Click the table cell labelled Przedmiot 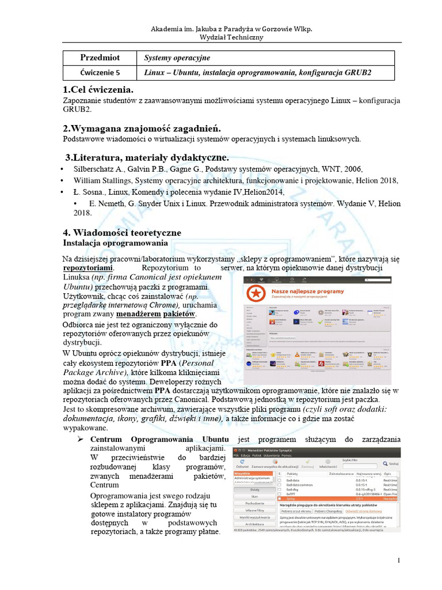pos(100,58)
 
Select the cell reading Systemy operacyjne pos(177,58)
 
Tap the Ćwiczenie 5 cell pos(100,73)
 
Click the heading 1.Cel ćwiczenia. pos(98,89)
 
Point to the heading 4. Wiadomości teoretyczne pos(121,232)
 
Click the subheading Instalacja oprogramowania pos(115,243)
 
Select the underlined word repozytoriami pos(88,268)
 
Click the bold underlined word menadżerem pos(138,314)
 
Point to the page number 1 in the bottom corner pos(398,561)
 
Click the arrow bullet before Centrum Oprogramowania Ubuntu pos(81,440)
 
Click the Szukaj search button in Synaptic pos(392,463)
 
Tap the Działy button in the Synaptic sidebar pos(250,490)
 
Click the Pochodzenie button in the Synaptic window pos(250,503)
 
